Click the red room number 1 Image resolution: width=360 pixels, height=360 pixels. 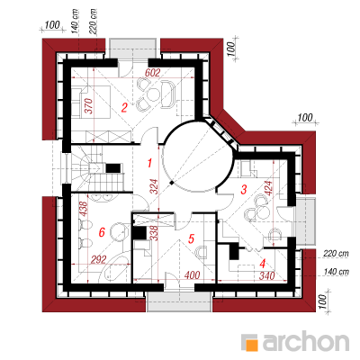pos(149,163)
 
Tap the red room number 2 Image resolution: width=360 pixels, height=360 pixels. pos(124,107)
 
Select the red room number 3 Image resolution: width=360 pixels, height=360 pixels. pos(244,190)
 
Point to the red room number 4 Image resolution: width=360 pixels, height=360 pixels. pos(263,264)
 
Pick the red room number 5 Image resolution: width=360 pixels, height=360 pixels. pos(191,238)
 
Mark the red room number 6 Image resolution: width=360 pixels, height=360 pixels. pos(102,232)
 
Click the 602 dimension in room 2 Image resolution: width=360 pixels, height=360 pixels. pos(153,73)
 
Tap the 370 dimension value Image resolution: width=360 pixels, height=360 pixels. pos(89,106)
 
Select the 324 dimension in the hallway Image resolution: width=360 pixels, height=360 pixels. pos(154,187)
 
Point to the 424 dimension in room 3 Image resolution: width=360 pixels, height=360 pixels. pos(268,188)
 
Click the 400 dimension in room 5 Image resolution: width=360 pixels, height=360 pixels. pos(192,274)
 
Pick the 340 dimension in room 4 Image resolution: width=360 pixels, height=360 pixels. pos(266,275)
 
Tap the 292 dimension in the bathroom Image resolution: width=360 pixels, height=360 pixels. pos(98,259)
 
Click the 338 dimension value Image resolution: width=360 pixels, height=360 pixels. pos(154,233)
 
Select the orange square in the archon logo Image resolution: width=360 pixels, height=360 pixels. pos(252,345)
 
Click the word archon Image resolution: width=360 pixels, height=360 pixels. pos(306,341)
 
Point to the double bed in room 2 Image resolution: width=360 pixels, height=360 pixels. pos(91,102)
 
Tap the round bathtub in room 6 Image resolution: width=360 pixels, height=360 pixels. pos(120,232)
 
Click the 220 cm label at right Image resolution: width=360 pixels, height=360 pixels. pos(337,254)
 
